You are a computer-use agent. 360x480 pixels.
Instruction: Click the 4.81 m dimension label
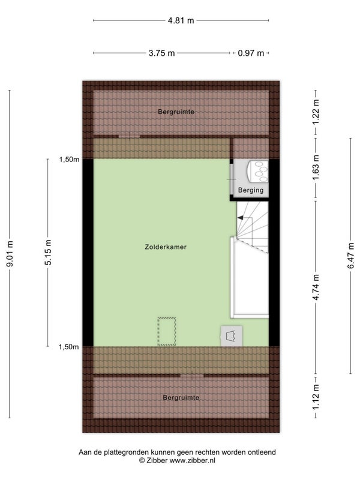181,20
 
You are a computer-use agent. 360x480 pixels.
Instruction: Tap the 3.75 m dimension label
161,53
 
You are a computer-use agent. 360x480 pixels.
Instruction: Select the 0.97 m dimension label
251,53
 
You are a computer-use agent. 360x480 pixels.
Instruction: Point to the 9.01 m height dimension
10,254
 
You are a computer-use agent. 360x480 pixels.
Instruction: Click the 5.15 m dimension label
48,252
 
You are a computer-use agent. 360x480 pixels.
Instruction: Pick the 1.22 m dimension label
316,112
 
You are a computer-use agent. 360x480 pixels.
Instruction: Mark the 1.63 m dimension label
316,167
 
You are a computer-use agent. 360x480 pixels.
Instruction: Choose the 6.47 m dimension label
351,256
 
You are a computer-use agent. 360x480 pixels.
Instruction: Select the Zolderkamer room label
166,247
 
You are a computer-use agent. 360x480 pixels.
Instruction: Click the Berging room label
251,190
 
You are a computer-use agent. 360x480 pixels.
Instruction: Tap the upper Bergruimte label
176,112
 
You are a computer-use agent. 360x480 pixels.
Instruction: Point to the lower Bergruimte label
181,398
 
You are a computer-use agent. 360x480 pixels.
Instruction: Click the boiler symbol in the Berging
257,172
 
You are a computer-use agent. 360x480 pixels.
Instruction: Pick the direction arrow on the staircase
241,218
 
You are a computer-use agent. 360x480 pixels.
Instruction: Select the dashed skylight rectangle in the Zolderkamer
167,332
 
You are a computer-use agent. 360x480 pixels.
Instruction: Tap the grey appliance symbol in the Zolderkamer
232,336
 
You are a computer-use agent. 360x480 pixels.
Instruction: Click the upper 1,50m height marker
69,159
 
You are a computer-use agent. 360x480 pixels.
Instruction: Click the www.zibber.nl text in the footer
192,460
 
